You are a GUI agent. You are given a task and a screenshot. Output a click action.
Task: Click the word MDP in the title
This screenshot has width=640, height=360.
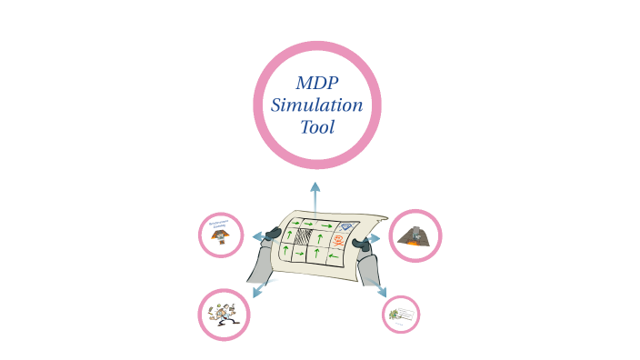pyautogui.click(x=316, y=83)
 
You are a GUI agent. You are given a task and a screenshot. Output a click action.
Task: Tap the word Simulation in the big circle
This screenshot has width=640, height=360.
pyautogui.click(x=316, y=105)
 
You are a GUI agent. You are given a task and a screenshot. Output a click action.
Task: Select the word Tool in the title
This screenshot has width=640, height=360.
pyautogui.click(x=316, y=126)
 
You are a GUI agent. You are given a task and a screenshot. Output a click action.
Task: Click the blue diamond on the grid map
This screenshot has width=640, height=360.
pyautogui.click(x=345, y=227)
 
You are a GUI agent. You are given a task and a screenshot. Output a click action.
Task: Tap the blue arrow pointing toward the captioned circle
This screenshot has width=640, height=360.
pyautogui.click(x=259, y=236)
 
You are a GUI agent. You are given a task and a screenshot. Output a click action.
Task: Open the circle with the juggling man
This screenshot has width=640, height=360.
pyautogui.click(x=224, y=315)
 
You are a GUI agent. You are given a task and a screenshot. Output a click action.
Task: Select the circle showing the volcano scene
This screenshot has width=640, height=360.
pyautogui.click(x=415, y=235)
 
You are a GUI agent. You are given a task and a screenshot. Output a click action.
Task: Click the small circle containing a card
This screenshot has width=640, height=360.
pyautogui.click(x=401, y=315)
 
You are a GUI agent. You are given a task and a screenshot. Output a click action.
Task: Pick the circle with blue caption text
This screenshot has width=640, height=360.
pyautogui.click(x=221, y=235)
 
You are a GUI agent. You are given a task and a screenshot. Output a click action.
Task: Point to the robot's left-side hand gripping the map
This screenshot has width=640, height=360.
pyautogui.click(x=273, y=234)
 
